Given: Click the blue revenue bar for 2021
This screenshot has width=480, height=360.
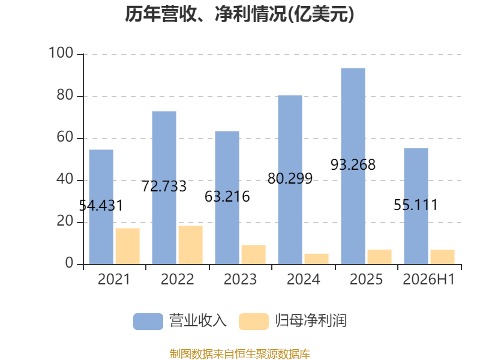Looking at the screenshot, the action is (x=101, y=207).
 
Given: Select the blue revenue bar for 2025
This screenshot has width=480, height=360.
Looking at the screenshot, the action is (x=353, y=166).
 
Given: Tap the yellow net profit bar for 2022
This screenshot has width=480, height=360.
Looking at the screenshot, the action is (x=190, y=245).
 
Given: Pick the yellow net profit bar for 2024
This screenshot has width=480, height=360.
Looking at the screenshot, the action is (x=317, y=259).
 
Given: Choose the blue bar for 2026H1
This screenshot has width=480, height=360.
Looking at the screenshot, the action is (x=416, y=206).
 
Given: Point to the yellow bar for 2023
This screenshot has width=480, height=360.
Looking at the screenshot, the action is (x=253, y=254).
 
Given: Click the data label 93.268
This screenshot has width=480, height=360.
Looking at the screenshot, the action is (x=353, y=164).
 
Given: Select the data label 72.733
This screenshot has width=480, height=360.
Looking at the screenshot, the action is (x=164, y=187).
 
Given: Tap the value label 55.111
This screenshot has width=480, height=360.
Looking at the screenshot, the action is (x=416, y=205).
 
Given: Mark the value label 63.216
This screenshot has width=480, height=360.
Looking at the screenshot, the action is (x=227, y=197).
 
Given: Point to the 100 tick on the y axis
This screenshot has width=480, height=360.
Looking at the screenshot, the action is (x=61, y=53).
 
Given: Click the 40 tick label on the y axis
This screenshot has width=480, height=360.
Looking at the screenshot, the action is (x=65, y=179).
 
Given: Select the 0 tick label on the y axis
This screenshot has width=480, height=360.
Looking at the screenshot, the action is (x=69, y=263).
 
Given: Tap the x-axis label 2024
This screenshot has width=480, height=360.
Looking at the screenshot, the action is (x=304, y=279).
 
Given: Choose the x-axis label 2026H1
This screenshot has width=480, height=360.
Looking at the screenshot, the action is (x=428, y=279).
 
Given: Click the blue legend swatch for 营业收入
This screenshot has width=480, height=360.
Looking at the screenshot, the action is (x=148, y=322).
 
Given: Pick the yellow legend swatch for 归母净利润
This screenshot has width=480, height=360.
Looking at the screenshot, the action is (x=254, y=322).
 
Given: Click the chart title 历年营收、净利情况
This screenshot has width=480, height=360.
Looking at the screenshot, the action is (x=205, y=14).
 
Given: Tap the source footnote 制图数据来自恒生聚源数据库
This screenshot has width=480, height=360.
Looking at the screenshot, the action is (x=240, y=354).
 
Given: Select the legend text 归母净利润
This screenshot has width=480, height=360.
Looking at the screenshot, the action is (x=311, y=321).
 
